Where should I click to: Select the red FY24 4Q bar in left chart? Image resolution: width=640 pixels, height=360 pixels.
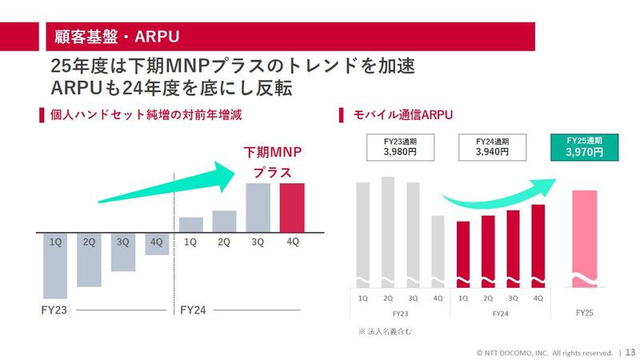click(x=292, y=207)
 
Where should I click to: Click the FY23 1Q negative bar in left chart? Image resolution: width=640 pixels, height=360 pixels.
click(x=54, y=264)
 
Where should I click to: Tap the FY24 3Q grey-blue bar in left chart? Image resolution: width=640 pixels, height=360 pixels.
click(x=258, y=207)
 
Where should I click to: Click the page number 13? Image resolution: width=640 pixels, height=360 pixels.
click(x=630, y=351)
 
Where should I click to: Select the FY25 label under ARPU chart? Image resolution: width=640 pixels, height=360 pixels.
click(x=585, y=312)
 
